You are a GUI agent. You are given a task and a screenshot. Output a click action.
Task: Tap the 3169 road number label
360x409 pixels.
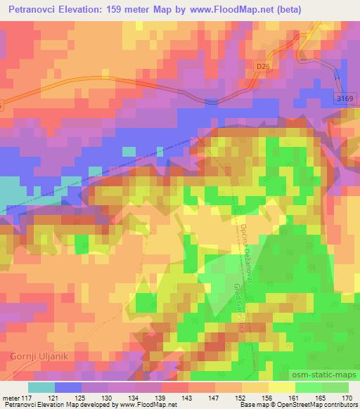tap(342, 100)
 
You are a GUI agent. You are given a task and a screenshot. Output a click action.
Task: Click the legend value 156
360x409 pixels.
tap(266, 397)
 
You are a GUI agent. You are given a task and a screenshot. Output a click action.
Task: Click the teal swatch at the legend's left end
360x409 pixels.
tap(41, 387)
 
